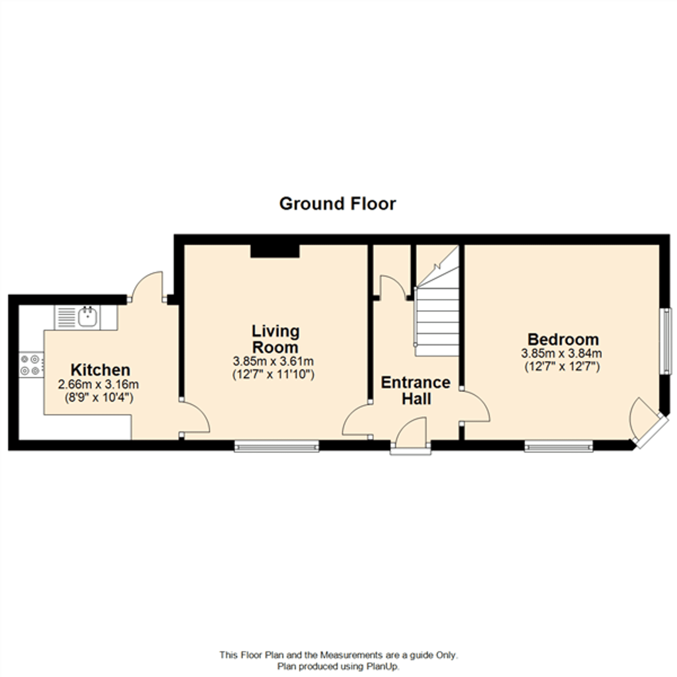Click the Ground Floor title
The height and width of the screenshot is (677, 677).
pyautogui.click(x=337, y=203)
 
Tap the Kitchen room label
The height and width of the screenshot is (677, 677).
pyautogui.click(x=100, y=370)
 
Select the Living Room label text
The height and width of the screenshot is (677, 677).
pyautogui.click(x=276, y=339)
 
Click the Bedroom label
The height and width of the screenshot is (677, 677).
pyautogui.click(x=563, y=339)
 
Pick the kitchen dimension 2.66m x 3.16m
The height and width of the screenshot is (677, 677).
pyautogui.click(x=99, y=385)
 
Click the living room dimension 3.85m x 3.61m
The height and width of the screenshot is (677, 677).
pyautogui.click(x=273, y=361)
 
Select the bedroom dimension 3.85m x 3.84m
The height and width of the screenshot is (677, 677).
pyautogui.click(x=561, y=353)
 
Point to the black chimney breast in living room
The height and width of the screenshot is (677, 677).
pyautogui.click(x=275, y=251)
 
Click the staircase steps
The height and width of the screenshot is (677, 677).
pyautogui.click(x=437, y=322)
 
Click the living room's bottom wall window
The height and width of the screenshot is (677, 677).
pyautogui.click(x=277, y=447)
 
